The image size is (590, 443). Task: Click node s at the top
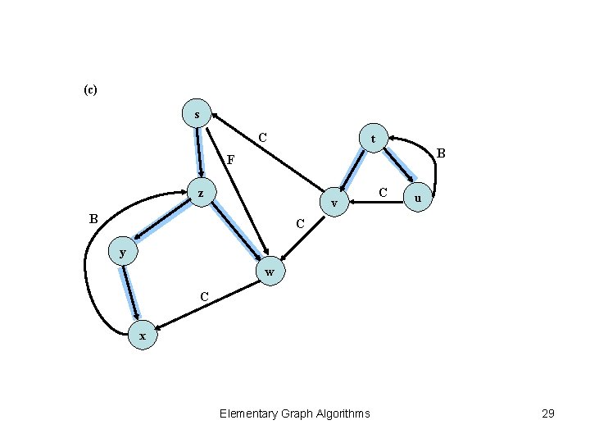(x=197, y=114)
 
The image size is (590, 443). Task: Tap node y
(x=123, y=252)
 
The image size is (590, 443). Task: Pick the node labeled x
(x=143, y=336)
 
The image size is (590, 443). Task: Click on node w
(x=270, y=272)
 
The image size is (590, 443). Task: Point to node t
(x=373, y=139)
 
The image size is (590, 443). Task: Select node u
(x=419, y=199)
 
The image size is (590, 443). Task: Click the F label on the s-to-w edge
(x=230, y=159)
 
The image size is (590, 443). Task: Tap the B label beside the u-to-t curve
(x=441, y=153)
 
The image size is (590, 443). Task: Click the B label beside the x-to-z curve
(x=93, y=218)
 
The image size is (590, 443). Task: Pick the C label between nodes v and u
(x=383, y=192)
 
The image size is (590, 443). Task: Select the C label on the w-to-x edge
(x=204, y=295)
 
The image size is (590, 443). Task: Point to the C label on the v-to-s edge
(x=262, y=136)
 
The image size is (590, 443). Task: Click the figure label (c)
(x=90, y=89)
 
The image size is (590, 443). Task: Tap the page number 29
(x=548, y=413)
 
